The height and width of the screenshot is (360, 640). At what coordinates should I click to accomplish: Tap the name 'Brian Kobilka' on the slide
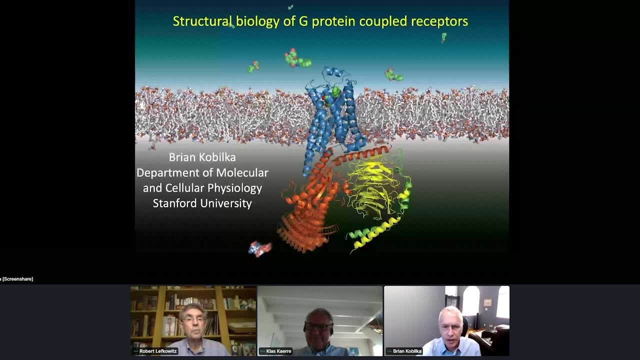(202, 157)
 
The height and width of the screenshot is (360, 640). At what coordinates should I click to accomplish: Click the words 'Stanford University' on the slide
(202, 203)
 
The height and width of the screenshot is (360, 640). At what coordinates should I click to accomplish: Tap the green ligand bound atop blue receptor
(336, 91)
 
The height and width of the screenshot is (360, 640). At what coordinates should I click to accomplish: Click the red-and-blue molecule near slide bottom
(260, 248)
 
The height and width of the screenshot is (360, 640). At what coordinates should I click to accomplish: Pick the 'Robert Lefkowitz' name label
(157, 351)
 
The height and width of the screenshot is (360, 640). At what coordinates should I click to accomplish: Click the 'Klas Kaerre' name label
(278, 351)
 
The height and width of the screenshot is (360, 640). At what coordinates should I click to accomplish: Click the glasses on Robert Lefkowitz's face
(193, 319)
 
